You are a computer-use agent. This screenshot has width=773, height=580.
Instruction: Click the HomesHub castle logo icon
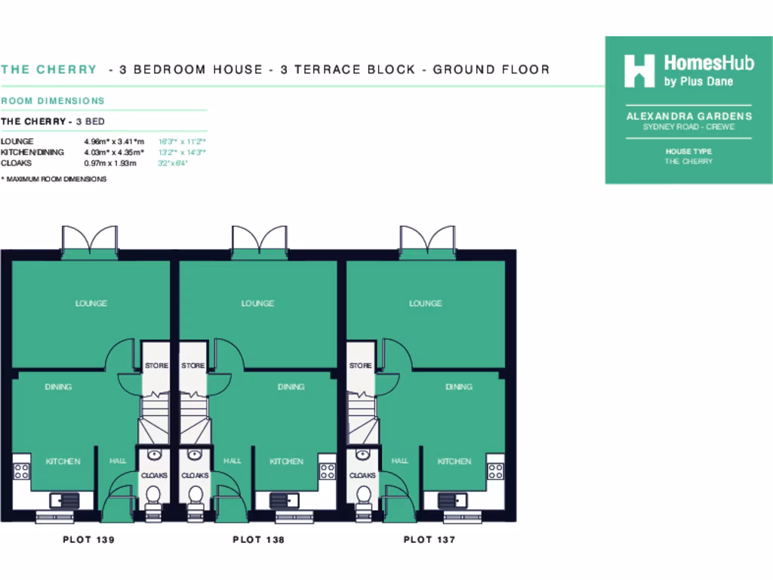coord(639,70)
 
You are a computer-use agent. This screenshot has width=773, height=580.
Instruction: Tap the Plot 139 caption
coord(88,539)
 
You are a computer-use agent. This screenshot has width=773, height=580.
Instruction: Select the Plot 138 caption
coord(258,539)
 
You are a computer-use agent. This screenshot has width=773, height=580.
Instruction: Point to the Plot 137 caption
coord(429,539)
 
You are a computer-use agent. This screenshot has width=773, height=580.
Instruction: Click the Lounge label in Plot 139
coord(91,304)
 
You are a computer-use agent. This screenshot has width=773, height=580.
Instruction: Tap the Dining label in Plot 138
coord(291,387)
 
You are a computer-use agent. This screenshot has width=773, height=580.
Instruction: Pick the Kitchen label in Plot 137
coord(454,461)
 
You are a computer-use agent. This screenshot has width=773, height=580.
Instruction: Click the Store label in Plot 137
coord(360,366)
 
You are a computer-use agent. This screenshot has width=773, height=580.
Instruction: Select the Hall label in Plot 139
coord(118,461)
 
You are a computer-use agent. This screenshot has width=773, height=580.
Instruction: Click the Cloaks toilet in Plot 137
coord(363,495)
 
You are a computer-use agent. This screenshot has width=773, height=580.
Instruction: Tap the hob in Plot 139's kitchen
coord(21,471)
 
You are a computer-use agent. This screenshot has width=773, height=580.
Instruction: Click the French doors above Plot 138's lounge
coord(259,240)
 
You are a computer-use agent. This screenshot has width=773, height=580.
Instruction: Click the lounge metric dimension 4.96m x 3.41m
coord(114,141)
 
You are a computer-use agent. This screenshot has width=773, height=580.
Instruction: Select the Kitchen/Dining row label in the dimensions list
coord(32,152)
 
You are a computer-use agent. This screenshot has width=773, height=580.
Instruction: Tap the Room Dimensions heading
coord(53,100)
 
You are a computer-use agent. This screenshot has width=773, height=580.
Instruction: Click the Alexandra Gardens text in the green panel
coord(688,116)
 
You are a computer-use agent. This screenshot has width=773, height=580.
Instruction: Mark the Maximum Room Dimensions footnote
coord(54,179)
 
